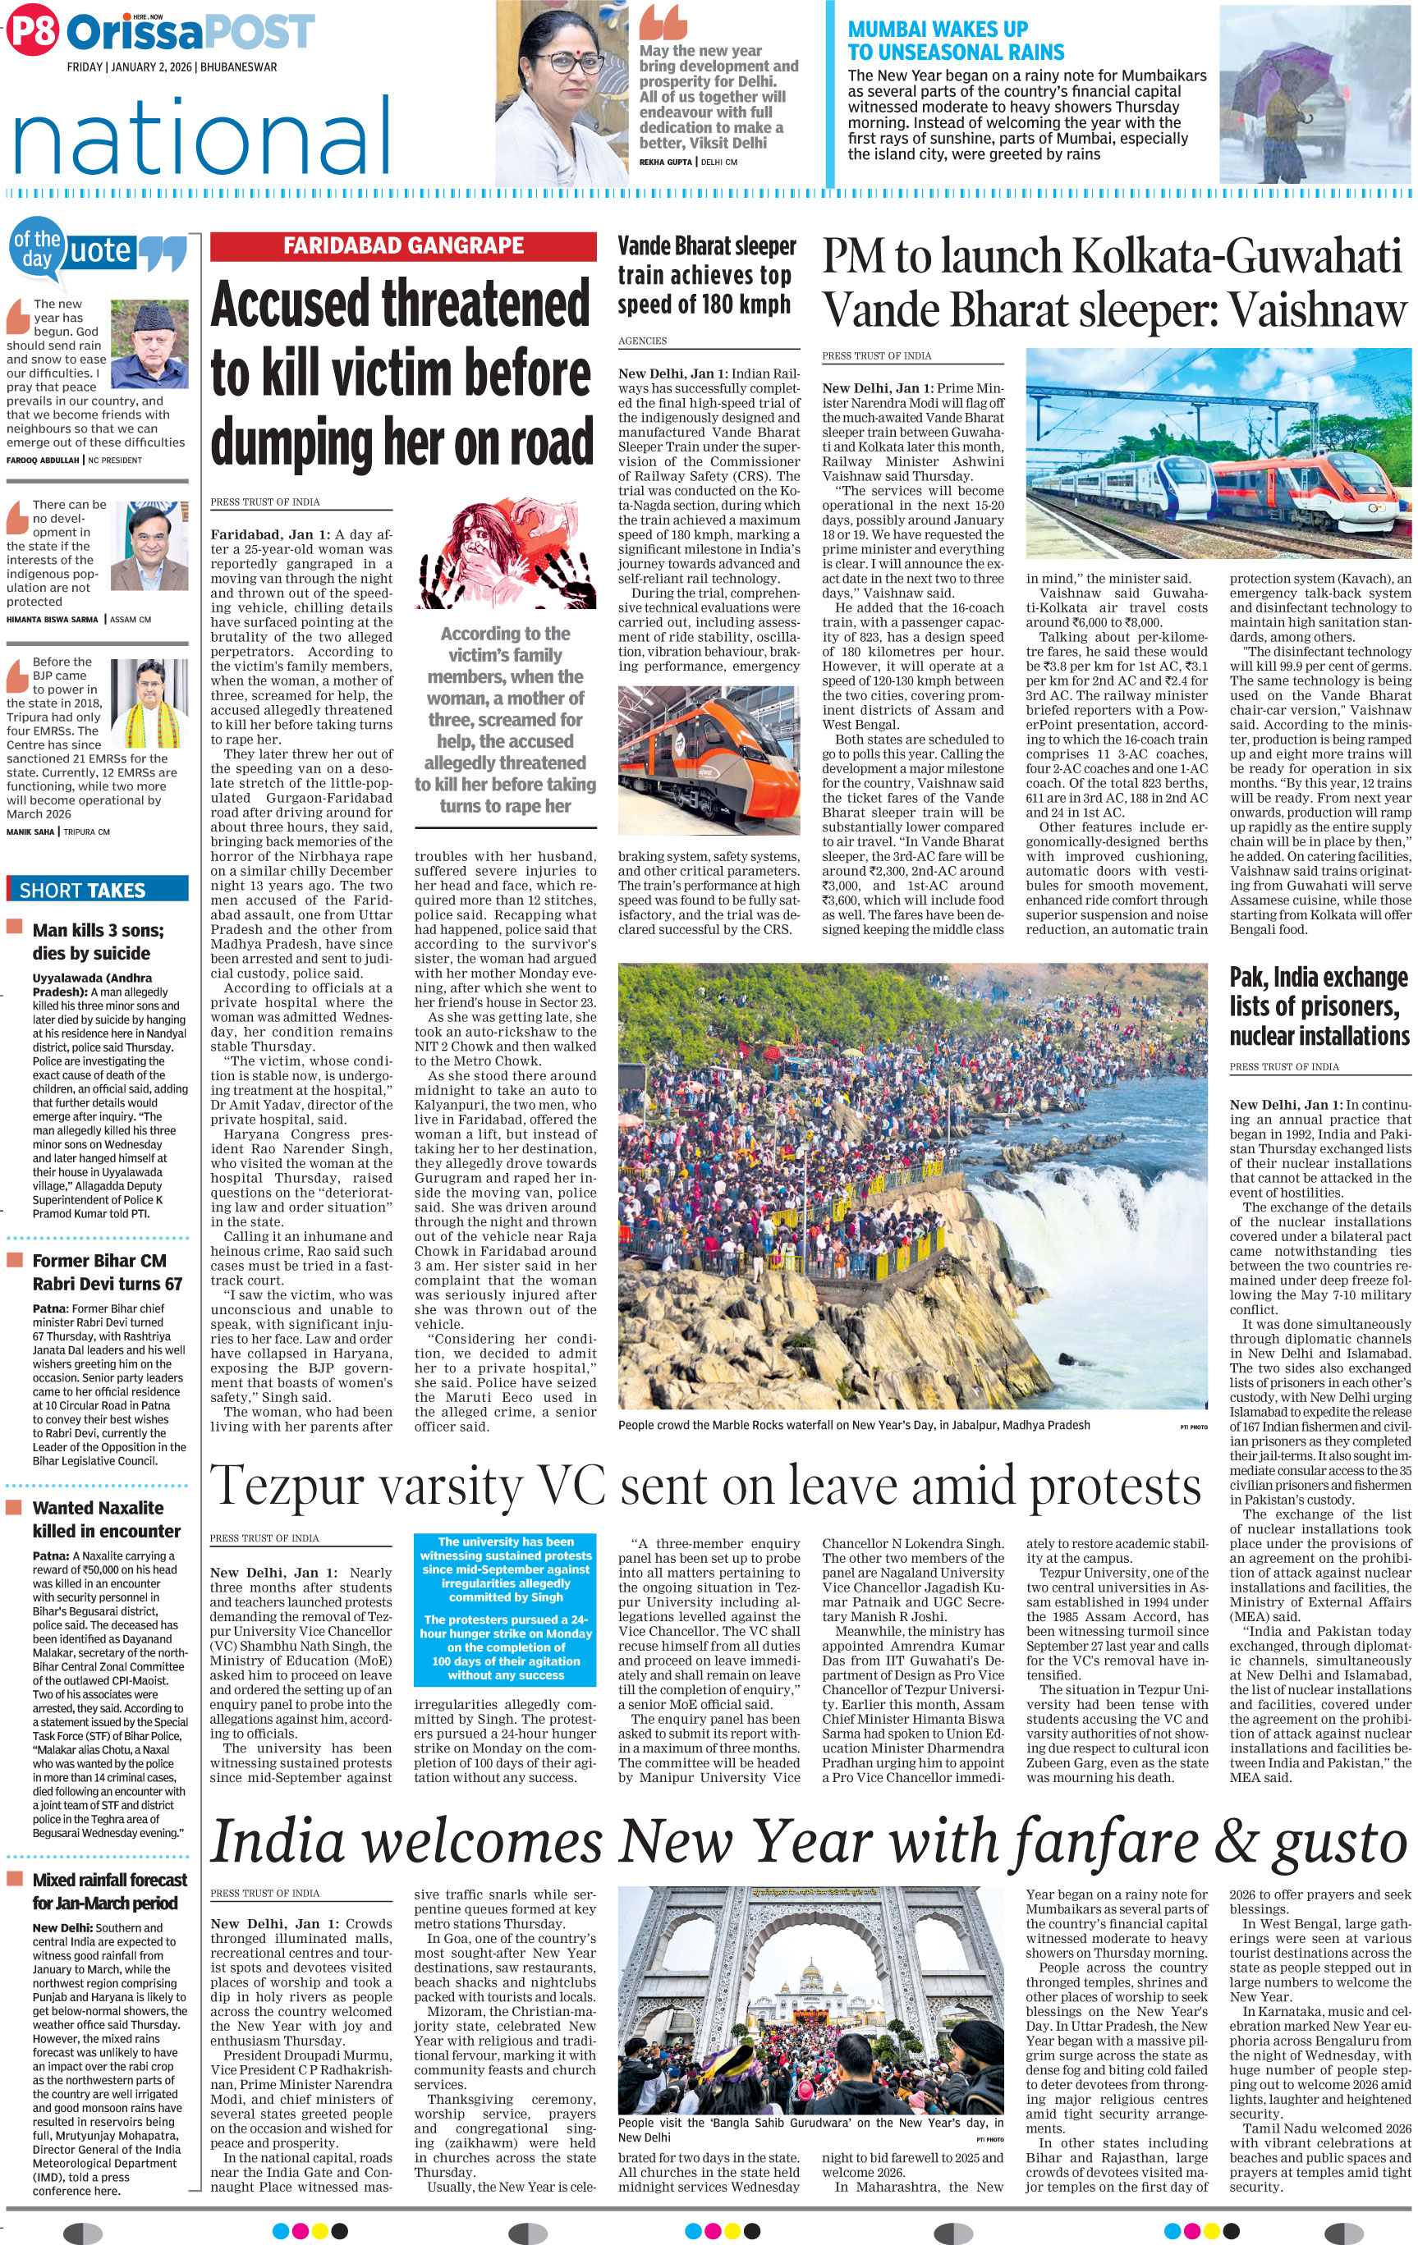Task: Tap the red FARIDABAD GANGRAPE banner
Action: [x=403, y=246]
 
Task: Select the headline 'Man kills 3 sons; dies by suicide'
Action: [x=98, y=942]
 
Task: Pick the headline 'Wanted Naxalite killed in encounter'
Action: [x=98, y=1519]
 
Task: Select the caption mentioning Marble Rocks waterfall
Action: [x=853, y=1424]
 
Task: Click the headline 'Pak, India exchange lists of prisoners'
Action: [x=1319, y=1006]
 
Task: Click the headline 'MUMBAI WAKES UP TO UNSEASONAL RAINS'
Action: [x=955, y=41]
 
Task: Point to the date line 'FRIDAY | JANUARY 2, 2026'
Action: [x=172, y=68]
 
